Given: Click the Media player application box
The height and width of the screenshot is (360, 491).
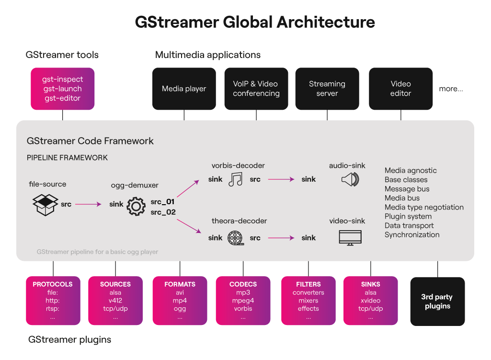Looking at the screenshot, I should click(184, 89).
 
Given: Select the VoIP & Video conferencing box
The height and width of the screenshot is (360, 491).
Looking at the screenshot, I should click(256, 89).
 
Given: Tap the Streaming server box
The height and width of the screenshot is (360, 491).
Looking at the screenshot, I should click(327, 89).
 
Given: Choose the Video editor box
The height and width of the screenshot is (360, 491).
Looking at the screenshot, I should click(400, 89).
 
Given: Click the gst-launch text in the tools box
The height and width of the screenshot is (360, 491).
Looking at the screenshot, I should click(63, 89).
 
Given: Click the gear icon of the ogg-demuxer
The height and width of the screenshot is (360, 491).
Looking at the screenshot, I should click(137, 206).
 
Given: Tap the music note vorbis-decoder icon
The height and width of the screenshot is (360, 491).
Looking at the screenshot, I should click(235, 179).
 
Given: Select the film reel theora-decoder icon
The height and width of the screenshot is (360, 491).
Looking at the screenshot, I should click(235, 238).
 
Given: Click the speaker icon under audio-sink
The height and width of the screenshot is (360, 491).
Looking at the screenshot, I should click(350, 180).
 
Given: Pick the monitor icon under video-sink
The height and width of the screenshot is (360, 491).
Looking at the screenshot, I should click(350, 238).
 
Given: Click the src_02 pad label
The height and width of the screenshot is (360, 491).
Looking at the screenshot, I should click(163, 212).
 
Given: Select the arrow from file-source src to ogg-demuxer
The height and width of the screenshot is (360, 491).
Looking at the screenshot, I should click(88, 205).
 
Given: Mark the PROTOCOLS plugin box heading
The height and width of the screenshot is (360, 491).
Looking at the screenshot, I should click(53, 284).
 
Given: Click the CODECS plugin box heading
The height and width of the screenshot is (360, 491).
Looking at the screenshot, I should click(243, 284).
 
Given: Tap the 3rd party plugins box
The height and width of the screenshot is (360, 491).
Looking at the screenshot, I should click(437, 302).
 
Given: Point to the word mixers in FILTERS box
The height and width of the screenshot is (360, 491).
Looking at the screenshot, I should click(308, 301).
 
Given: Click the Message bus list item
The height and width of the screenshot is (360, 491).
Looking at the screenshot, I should click(407, 189).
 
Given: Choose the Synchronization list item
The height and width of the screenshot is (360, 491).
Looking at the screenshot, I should click(411, 234).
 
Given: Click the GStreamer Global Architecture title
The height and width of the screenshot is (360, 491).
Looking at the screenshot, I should click(255, 23).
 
